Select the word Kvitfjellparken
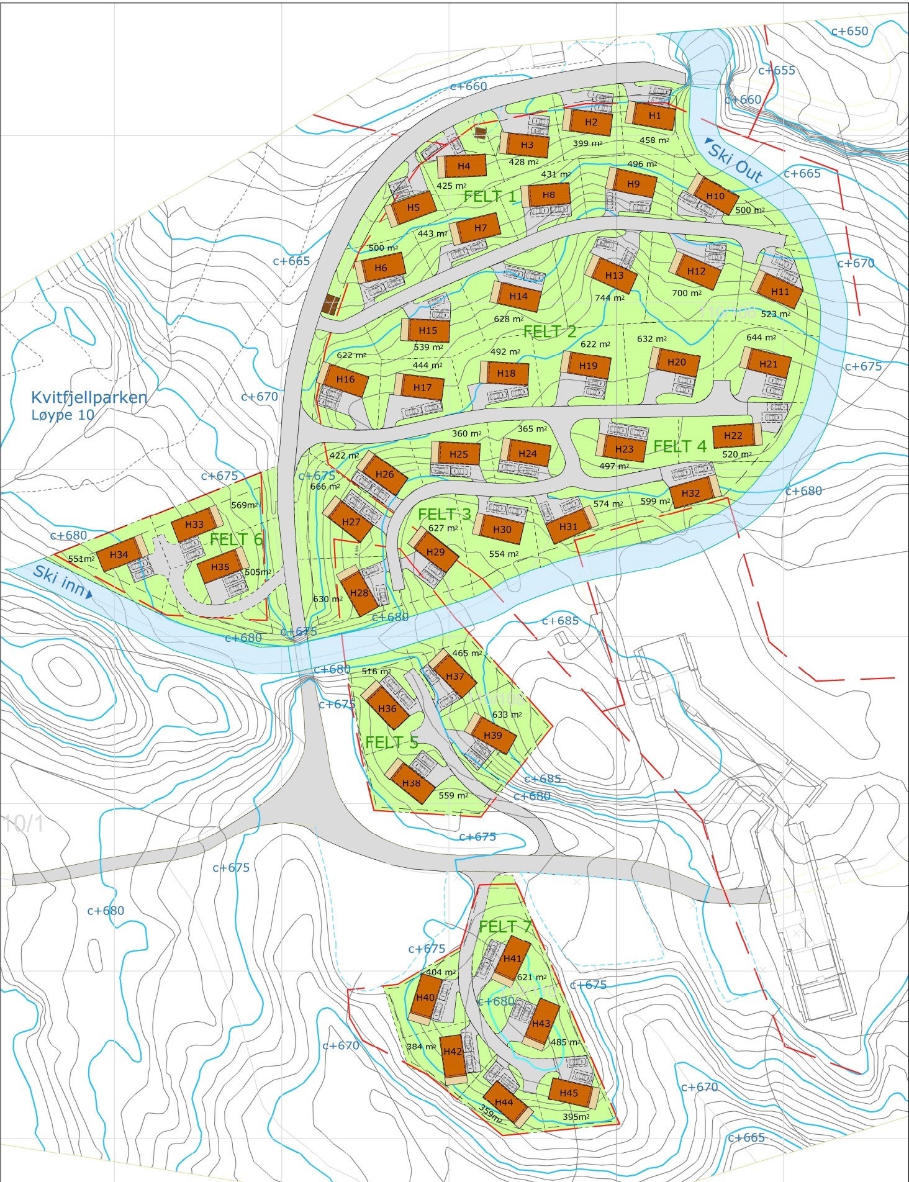click(x=89, y=397)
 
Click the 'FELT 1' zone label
click(x=489, y=197)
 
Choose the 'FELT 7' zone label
click(x=505, y=927)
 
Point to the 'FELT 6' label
click(x=236, y=539)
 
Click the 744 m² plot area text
click(x=609, y=298)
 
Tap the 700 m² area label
click(x=686, y=293)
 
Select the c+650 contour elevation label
click(x=849, y=30)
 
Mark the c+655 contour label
click(x=776, y=70)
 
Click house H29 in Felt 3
click(x=435, y=553)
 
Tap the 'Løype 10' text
click(x=63, y=415)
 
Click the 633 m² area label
click(x=507, y=715)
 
